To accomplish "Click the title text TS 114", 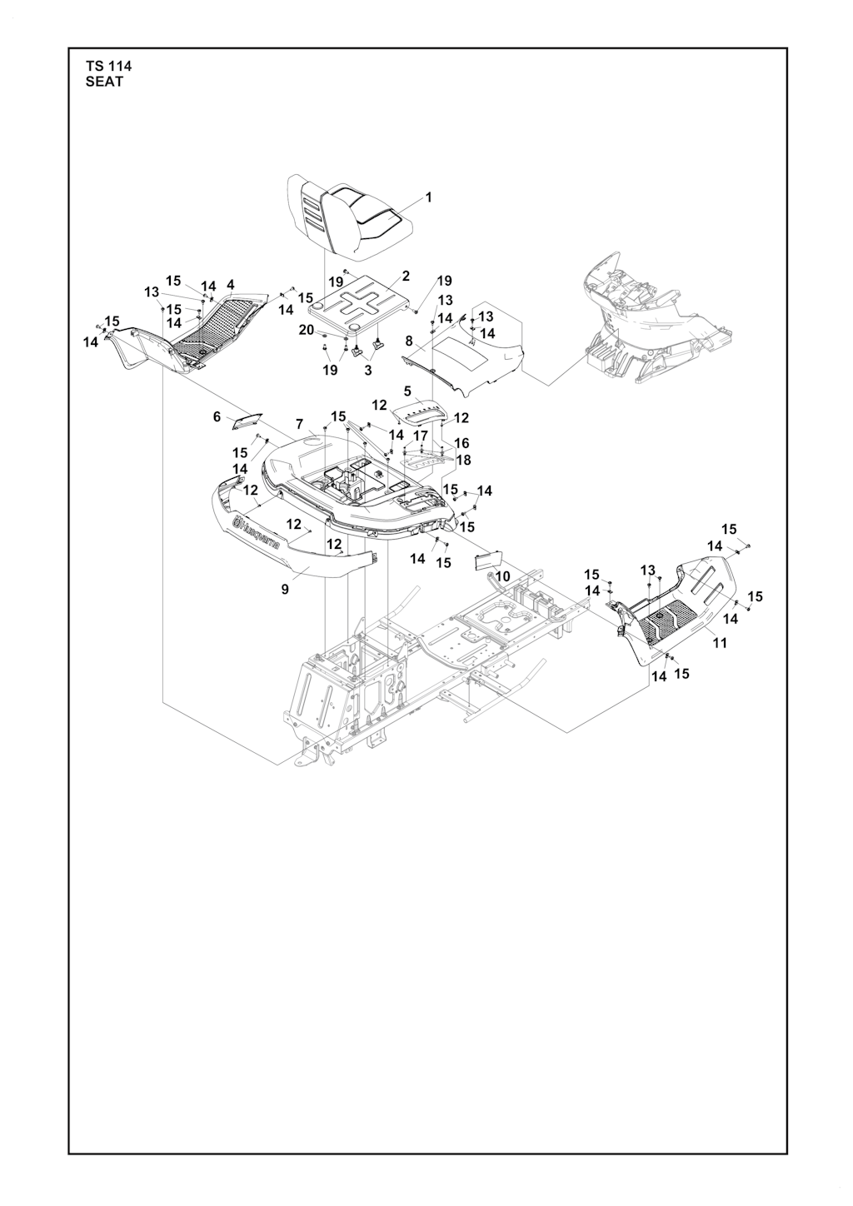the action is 108,67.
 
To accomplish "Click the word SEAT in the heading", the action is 104,82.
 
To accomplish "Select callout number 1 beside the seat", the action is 429,197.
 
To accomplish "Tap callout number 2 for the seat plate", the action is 406,277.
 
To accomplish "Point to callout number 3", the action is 368,371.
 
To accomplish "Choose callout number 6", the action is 217,416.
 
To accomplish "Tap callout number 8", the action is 409,341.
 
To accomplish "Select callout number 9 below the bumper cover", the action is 285,590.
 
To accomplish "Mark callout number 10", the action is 502,577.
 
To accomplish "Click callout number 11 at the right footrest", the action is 720,643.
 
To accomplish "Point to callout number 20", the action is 307,330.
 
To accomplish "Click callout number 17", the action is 421,435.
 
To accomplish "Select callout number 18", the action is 464,460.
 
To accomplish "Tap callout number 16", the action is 461,443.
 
